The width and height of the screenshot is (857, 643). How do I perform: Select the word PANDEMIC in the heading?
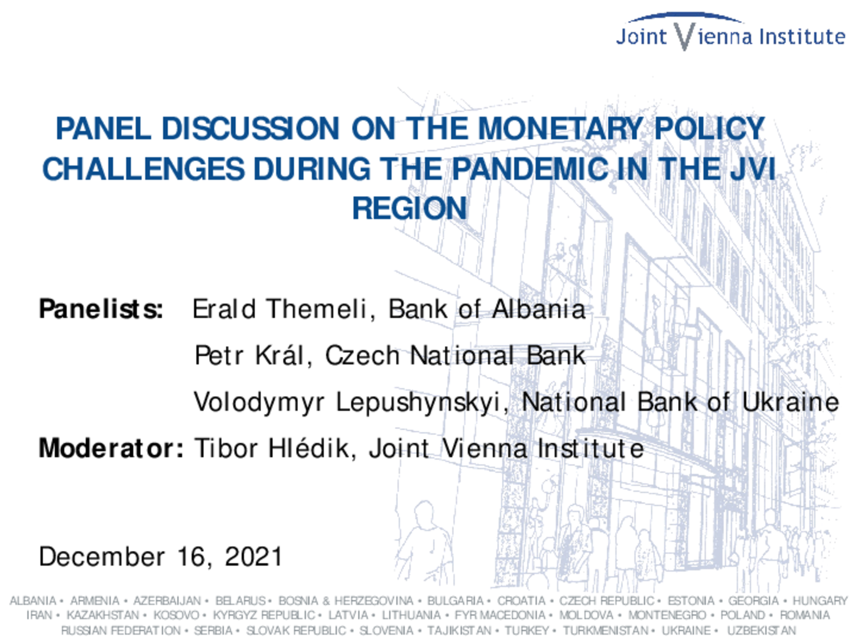pyautogui.click(x=530, y=168)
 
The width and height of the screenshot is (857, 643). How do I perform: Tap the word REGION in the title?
pyautogui.click(x=410, y=208)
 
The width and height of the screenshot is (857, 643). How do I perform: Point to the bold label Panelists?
pyautogui.click(x=101, y=309)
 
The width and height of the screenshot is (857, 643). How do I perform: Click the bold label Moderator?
pyautogui.click(x=111, y=448)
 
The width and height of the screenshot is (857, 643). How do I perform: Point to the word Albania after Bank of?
pyautogui.click(x=539, y=309)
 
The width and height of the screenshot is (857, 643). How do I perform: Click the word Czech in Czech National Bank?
pyautogui.click(x=363, y=355)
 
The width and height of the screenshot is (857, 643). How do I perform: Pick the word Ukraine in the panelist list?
pyautogui.click(x=790, y=402)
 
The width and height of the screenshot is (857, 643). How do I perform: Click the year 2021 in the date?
pyautogui.click(x=254, y=557)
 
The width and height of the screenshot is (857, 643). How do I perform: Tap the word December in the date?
pyautogui.click(x=102, y=557)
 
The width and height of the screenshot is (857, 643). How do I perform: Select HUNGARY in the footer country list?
pyautogui.click(x=820, y=601)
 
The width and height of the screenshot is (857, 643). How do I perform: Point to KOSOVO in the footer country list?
pyautogui.click(x=176, y=616)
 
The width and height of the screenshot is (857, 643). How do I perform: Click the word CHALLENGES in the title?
pyautogui.click(x=144, y=168)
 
